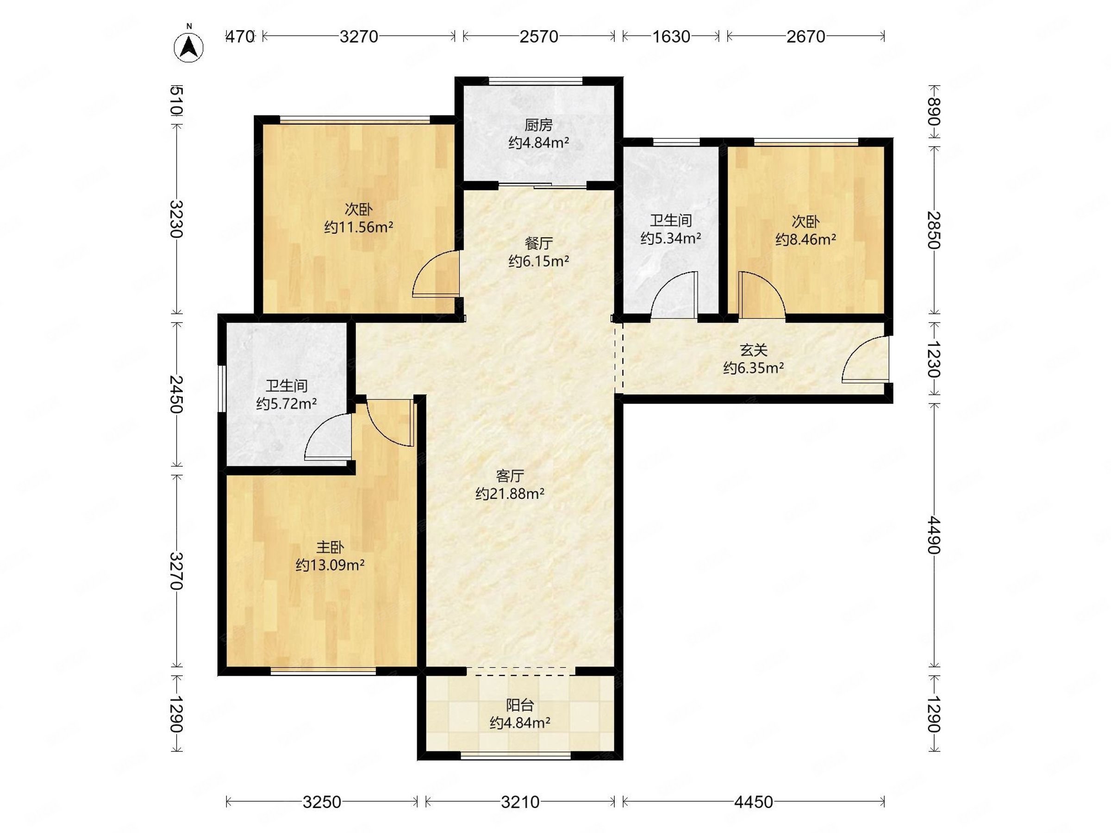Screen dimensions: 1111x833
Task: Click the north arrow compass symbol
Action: (x=189, y=46)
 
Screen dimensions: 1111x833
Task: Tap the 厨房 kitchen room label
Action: (x=538, y=124)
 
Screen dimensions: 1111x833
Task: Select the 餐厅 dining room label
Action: (x=538, y=243)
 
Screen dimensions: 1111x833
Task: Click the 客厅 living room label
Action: (x=510, y=475)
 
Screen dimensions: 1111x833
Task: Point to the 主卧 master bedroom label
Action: (x=330, y=547)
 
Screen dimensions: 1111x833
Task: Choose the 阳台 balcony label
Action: (x=520, y=705)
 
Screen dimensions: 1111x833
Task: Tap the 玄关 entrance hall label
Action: (x=753, y=350)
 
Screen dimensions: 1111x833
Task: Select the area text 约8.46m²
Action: (x=805, y=240)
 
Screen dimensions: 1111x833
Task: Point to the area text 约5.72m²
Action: (x=286, y=404)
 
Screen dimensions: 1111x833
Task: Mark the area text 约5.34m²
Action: (x=670, y=238)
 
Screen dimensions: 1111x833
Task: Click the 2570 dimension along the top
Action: (x=538, y=36)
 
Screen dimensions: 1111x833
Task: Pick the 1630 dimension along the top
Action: (x=671, y=36)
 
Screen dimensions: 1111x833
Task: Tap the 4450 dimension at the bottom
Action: (x=753, y=802)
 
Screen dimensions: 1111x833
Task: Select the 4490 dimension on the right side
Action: (x=934, y=534)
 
